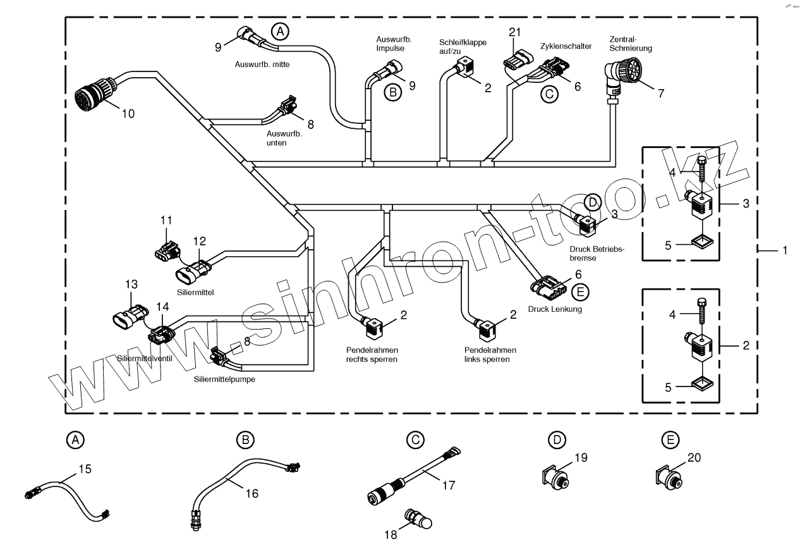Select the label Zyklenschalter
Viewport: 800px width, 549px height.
click(x=566, y=47)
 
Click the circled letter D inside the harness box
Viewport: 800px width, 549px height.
click(x=592, y=202)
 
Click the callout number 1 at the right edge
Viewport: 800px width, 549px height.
click(x=784, y=250)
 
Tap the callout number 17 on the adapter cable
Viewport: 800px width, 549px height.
click(x=449, y=486)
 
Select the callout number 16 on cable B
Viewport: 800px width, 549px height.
click(x=252, y=493)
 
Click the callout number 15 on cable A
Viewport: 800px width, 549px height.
click(x=85, y=469)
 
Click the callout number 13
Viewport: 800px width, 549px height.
click(x=130, y=285)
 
